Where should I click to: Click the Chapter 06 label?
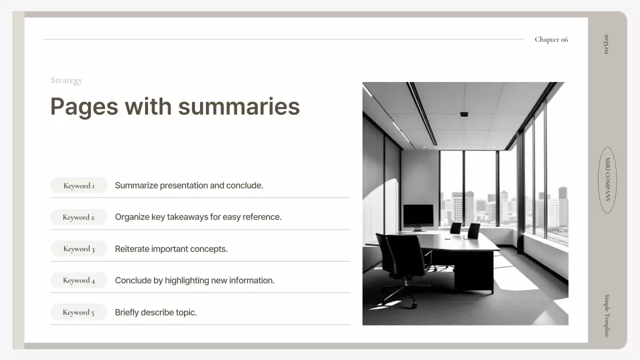(x=551, y=39)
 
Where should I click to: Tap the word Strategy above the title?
(x=66, y=80)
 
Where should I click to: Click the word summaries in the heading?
(x=238, y=106)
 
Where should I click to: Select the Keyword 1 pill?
(x=79, y=185)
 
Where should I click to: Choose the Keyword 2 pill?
(x=78, y=217)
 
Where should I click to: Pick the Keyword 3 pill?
(x=79, y=248)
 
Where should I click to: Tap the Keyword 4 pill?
(x=79, y=280)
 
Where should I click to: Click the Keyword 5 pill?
(x=78, y=312)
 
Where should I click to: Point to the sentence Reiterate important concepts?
(x=171, y=249)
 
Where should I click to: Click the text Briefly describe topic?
(x=156, y=312)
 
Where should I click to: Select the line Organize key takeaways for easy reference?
(x=198, y=217)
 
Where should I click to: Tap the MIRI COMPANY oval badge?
(x=607, y=180)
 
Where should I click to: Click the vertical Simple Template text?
(x=607, y=315)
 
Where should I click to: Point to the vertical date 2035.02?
(x=606, y=44)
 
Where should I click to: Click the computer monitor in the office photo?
(x=418, y=216)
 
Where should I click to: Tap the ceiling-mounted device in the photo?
(x=464, y=114)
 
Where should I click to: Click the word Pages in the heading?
(x=84, y=106)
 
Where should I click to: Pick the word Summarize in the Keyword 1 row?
(x=136, y=185)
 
